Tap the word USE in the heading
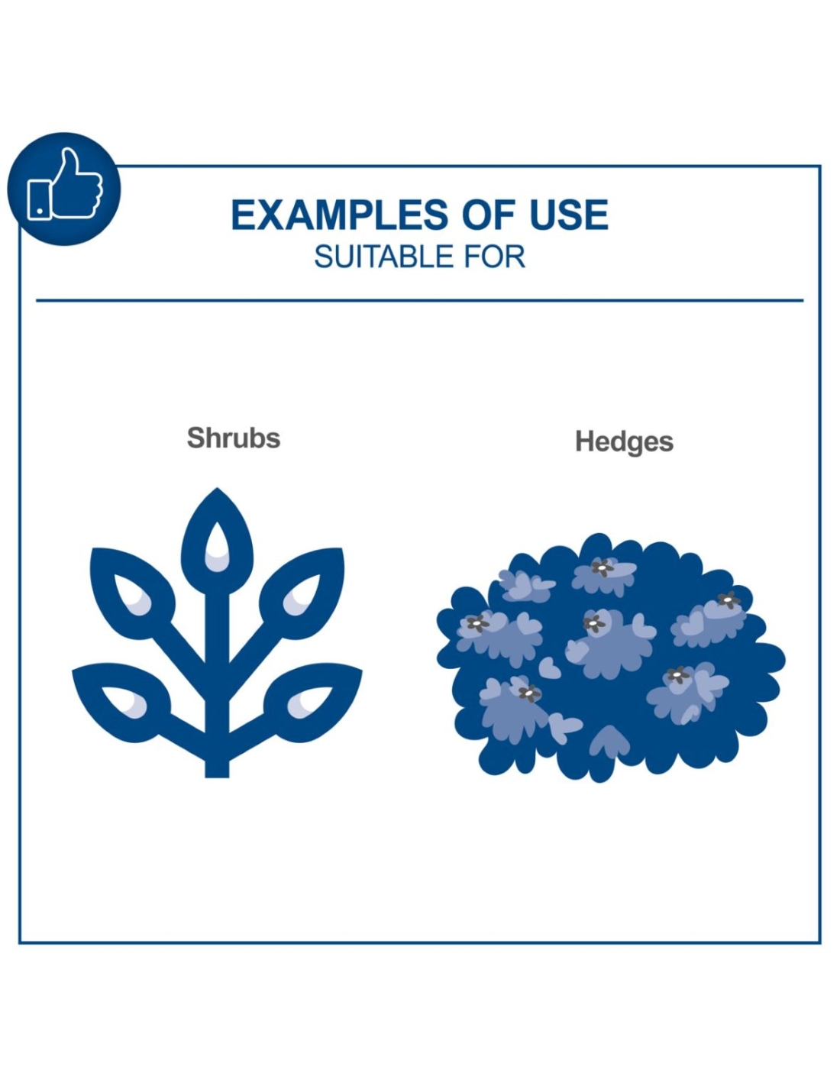pyautogui.click(x=569, y=215)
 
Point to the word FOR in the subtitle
pyautogui.click(x=495, y=257)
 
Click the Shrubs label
pyautogui.click(x=234, y=438)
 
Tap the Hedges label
pyautogui.click(x=624, y=441)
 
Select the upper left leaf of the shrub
pyautogui.click(x=131, y=593)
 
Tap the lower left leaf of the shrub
pyautogui.click(x=121, y=700)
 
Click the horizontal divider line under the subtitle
pyautogui.click(x=420, y=300)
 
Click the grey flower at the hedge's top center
pyautogui.click(x=603, y=567)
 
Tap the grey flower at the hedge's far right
pyautogui.click(x=729, y=600)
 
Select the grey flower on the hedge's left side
pyautogui.click(x=478, y=623)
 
